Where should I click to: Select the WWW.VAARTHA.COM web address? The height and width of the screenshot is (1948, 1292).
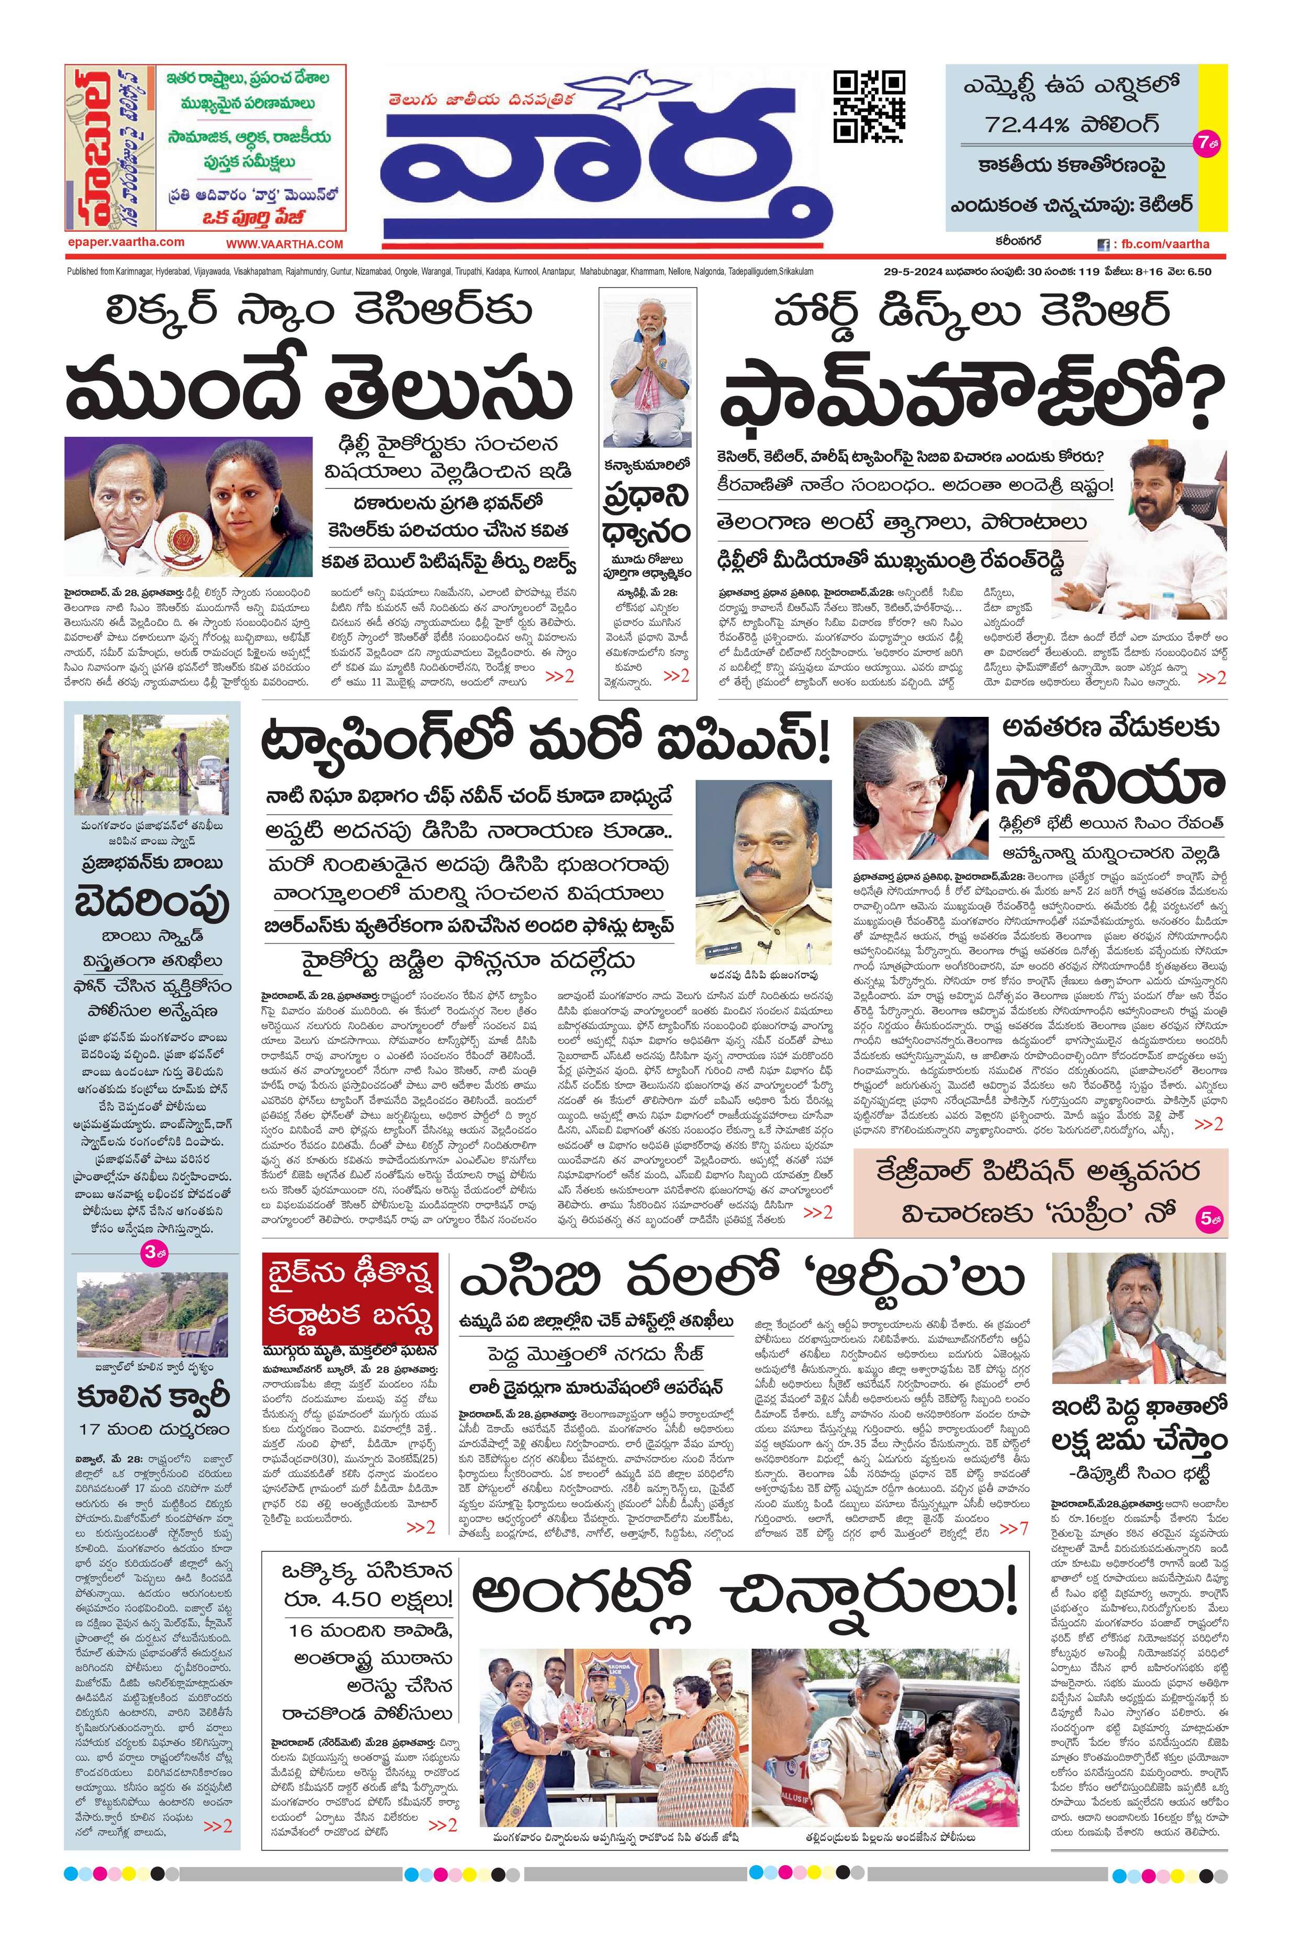(284, 245)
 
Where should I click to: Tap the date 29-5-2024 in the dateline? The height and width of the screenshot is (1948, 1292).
(905, 272)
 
